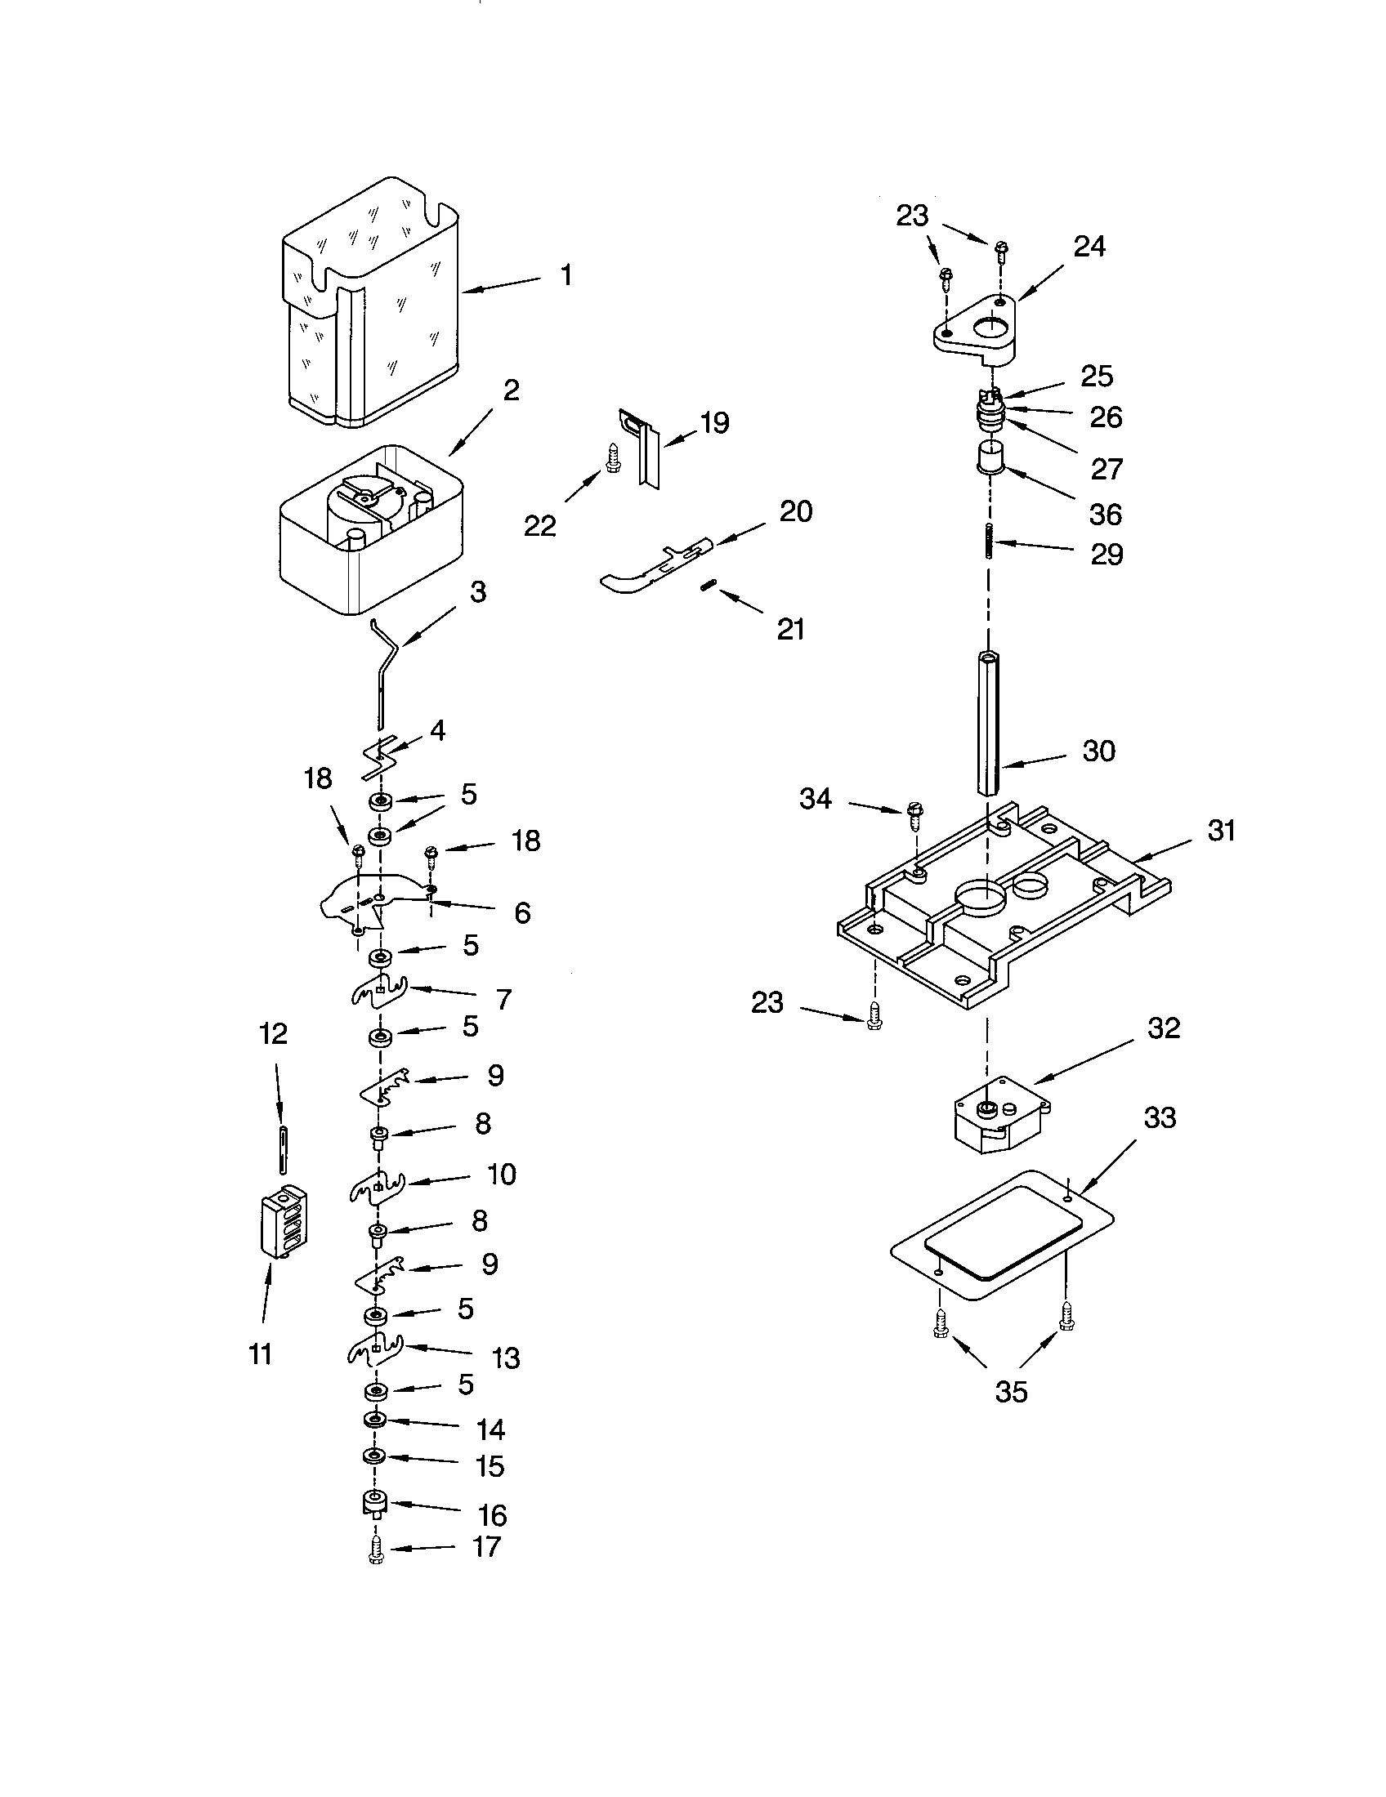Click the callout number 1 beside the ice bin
pos(566,275)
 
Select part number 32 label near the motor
pos(1164,1028)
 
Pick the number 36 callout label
pos(1106,515)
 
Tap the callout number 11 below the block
pos(260,1353)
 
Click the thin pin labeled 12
pos(283,1149)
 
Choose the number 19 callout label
pos(713,423)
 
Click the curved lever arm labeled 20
pos(651,563)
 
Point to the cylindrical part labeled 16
pos(375,1505)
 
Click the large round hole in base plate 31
pos(981,897)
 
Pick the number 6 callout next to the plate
pos(522,912)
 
